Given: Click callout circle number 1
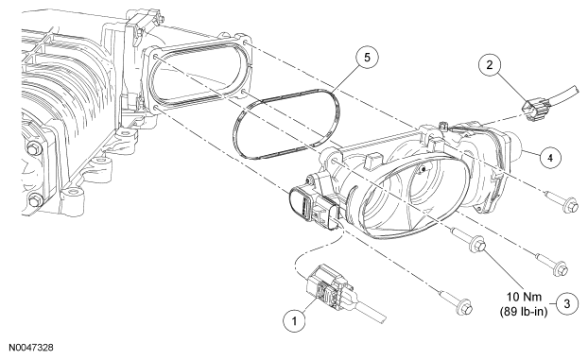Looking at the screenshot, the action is (294, 321).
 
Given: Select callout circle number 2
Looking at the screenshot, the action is (490, 65).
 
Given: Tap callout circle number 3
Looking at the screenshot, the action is (566, 303).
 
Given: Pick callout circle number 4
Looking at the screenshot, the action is (550, 158).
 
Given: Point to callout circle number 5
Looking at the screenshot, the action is (367, 58).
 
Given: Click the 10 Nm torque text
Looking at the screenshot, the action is (525, 297).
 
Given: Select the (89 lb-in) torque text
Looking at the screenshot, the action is (524, 311).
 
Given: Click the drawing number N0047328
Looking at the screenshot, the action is (31, 348).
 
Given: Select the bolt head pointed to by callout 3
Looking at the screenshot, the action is (478, 244).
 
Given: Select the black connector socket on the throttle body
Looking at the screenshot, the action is (300, 204).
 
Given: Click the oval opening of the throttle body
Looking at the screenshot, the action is (416, 197).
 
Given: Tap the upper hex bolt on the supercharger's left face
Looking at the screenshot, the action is (34, 149).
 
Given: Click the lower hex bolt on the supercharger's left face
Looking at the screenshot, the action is (35, 200).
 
